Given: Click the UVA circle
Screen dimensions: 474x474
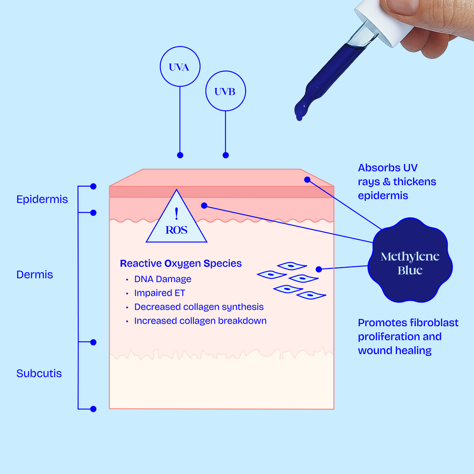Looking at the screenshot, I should coord(180,67).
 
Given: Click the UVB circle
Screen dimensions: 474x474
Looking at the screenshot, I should coord(225,91).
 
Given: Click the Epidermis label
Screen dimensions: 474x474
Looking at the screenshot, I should coord(42,200).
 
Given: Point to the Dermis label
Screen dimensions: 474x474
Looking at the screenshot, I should coord(34,274).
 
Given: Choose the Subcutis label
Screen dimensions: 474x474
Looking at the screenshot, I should coord(39,373).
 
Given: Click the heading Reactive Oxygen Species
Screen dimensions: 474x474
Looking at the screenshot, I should coord(181,263).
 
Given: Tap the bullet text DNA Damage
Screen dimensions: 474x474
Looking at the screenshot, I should coord(162,279).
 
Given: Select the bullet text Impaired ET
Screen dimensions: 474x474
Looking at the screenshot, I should coord(159,293).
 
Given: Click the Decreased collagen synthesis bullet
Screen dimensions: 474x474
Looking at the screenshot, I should coord(199,307).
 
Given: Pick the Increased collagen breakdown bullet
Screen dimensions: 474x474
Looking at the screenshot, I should coord(200,321).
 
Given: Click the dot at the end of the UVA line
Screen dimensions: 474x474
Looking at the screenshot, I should coord(180,155).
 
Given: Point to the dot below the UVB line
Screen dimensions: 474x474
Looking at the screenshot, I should coord(225,155).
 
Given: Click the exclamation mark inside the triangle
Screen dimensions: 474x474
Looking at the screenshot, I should coord(176,214).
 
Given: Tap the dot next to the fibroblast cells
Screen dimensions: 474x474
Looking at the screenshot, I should coord(319,269).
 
